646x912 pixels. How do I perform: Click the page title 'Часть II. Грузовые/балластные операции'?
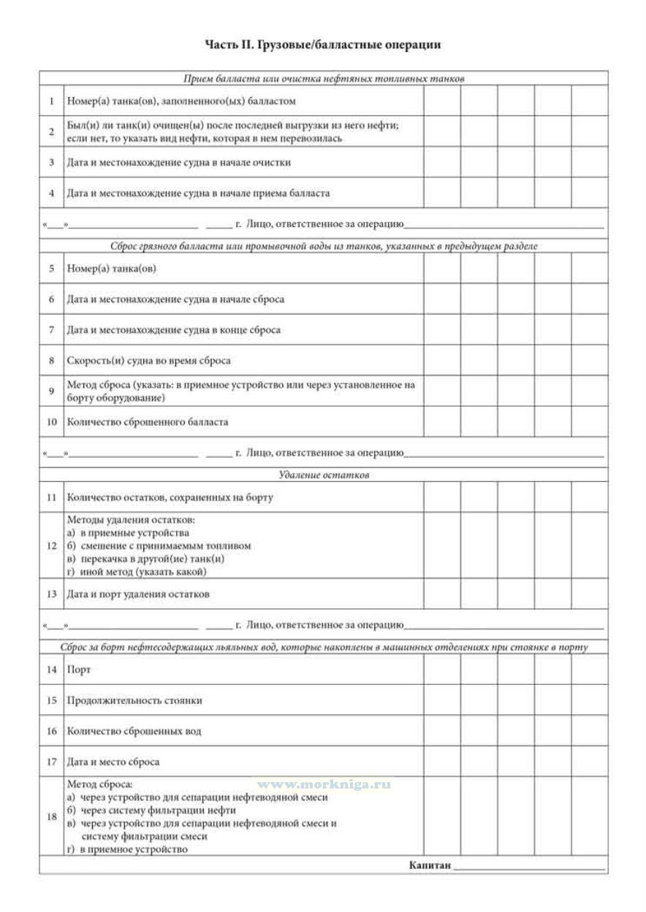[x=323, y=45]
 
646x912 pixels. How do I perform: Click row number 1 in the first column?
[x=51, y=101]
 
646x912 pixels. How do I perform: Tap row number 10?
[x=51, y=422]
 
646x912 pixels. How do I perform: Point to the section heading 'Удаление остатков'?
[x=324, y=475]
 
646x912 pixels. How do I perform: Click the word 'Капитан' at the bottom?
[x=430, y=866]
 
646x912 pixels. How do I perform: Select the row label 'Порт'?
[x=78, y=670]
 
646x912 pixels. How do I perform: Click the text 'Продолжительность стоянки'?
[x=134, y=700]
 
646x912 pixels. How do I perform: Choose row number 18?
[x=51, y=817]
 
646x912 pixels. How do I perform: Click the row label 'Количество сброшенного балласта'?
[x=148, y=422]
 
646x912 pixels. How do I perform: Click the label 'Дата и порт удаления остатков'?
[x=138, y=594]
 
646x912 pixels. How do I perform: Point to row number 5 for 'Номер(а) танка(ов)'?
[x=51, y=269]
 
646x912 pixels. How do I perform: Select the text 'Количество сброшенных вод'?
[x=134, y=731]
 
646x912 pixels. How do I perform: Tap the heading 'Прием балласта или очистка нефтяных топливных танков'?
[x=324, y=78]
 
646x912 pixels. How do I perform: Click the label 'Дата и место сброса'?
[x=113, y=762]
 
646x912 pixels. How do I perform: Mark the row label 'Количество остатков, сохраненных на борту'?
[x=170, y=498]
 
